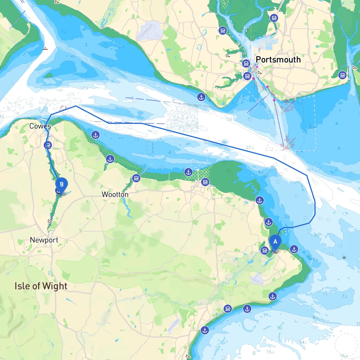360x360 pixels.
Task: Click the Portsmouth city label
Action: (278, 60)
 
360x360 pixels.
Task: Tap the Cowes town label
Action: (40, 126)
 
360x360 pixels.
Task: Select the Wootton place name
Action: (115, 194)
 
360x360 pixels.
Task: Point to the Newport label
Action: (44, 240)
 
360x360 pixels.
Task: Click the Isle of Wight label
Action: (41, 286)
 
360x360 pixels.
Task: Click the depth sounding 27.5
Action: (250, 148)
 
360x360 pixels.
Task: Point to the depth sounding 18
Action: (229, 120)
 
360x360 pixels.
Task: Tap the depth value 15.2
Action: (270, 352)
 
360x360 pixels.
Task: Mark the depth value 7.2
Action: (344, 296)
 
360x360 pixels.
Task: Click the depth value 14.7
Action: (303, 342)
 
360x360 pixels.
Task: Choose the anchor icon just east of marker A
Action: (294, 249)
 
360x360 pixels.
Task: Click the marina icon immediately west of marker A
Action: (264, 250)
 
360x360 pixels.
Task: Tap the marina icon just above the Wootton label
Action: (136, 178)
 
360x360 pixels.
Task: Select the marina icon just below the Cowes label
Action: (48, 145)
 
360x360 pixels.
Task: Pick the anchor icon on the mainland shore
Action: (201, 97)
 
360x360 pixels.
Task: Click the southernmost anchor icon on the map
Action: (205, 330)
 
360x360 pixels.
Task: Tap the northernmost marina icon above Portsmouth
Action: (274, 18)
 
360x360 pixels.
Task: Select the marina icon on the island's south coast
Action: (228, 309)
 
